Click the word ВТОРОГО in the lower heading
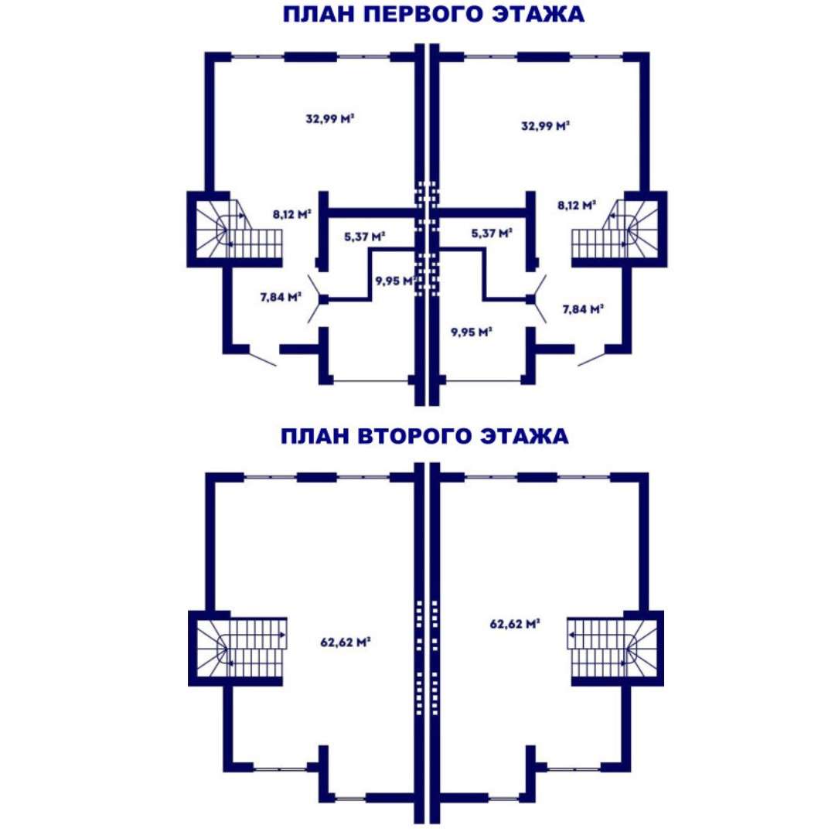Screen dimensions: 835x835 point(415,436)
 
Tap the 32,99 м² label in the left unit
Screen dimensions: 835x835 point(330,119)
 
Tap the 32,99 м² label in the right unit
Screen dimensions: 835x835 point(545,126)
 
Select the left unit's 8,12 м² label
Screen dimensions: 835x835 point(291,215)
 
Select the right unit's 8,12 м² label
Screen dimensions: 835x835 point(577,205)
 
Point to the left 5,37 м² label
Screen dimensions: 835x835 point(365,237)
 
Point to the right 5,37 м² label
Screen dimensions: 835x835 point(492,233)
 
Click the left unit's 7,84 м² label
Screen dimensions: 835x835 point(281,297)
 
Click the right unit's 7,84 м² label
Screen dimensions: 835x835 point(583,308)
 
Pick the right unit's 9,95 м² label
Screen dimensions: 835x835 point(472,332)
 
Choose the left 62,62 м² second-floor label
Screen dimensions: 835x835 point(345,642)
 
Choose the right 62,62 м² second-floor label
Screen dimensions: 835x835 point(515,624)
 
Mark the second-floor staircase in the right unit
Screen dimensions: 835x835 point(612,649)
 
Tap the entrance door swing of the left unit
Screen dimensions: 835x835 point(262,358)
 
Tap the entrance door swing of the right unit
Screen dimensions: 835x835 point(591,358)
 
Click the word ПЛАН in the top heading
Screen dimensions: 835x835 point(319,15)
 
